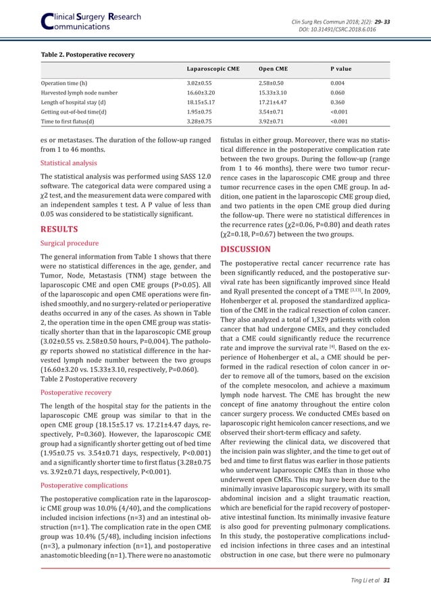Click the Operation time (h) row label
pos(64,83)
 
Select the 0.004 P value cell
pos(329,83)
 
